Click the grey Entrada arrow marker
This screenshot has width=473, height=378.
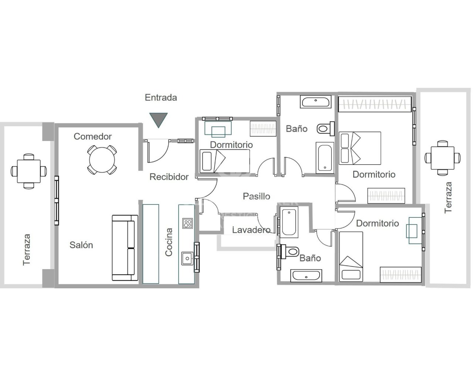tap(159, 119)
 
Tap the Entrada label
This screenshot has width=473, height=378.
tap(161, 97)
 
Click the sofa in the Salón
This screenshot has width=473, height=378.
tap(125, 248)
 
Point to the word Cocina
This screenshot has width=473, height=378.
tap(169, 242)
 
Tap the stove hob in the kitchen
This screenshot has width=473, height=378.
tap(187, 223)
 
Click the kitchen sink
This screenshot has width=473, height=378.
tap(187, 258)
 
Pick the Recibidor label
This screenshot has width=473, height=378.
tap(169, 177)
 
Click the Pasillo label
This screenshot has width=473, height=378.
tap(256, 196)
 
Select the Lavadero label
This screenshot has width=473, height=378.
tap(251, 230)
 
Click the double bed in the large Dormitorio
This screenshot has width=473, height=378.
tap(360, 148)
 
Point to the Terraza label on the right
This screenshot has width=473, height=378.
tap(448, 197)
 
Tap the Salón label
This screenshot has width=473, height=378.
tap(81, 245)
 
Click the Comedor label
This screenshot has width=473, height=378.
tap(92, 137)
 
